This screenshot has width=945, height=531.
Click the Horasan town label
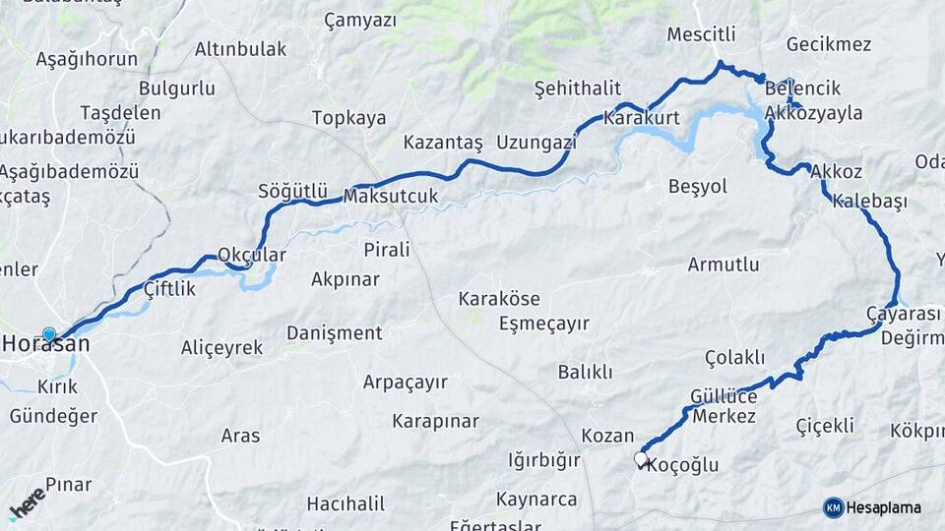(x=46, y=344)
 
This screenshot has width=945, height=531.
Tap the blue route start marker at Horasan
(x=49, y=334)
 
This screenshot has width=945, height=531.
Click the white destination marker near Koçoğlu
(x=641, y=458)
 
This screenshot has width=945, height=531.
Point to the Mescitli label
(x=701, y=34)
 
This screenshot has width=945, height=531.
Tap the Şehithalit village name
(x=577, y=88)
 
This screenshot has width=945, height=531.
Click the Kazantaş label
(x=443, y=143)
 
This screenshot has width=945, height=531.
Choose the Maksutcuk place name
(x=391, y=196)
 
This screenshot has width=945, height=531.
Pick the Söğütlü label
(x=291, y=189)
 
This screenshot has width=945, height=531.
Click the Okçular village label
(x=252, y=255)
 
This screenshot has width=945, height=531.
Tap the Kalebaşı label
(x=869, y=202)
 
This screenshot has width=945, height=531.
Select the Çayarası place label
(x=903, y=314)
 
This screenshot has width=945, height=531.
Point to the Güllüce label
(x=724, y=395)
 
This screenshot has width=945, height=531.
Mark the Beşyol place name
(x=697, y=186)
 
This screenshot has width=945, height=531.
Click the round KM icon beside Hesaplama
(x=834, y=507)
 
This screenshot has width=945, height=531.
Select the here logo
(x=28, y=502)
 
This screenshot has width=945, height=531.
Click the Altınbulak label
(x=240, y=48)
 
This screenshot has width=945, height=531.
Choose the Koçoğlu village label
(x=683, y=465)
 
